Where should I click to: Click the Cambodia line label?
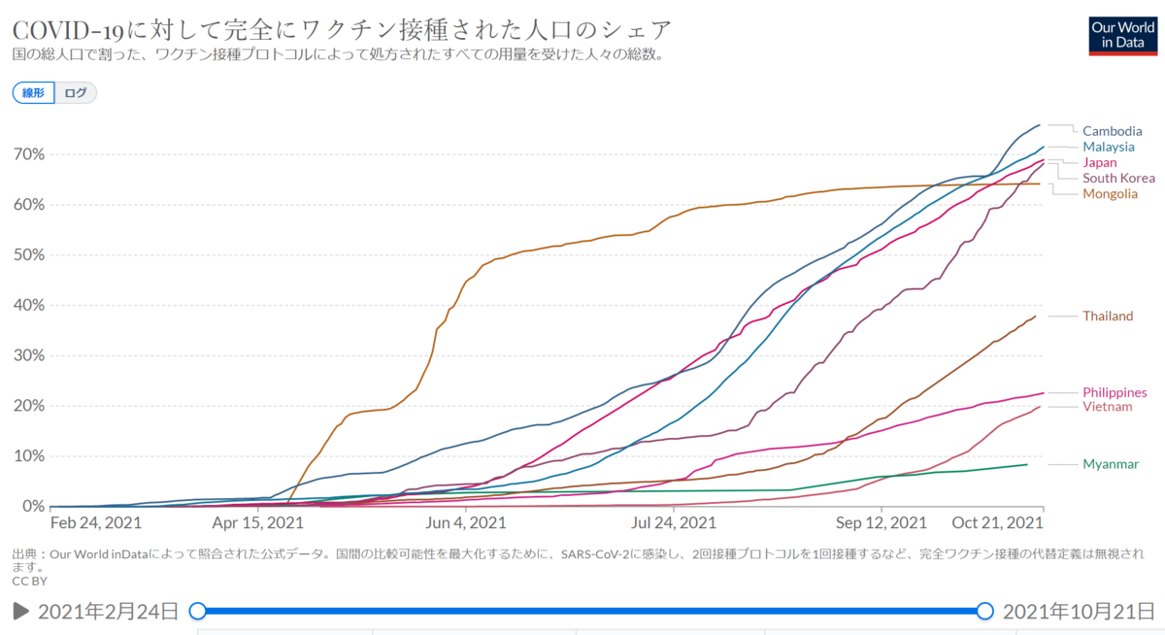[x=1112, y=131]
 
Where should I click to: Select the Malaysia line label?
[x=1109, y=147]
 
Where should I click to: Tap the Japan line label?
[x=1099, y=162]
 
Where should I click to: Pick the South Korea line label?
[x=1118, y=178]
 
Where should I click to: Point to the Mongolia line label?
[x=1110, y=193]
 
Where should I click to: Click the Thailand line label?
[x=1108, y=316]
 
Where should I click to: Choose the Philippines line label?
[x=1115, y=392]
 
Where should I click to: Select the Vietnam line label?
[x=1108, y=406]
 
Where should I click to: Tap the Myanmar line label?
[x=1111, y=464]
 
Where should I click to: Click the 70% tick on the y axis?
[x=29, y=154]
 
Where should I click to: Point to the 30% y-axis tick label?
[x=29, y=355]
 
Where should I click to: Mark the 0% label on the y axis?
[x=33, y=506]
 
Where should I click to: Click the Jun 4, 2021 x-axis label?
[x=465, y=522]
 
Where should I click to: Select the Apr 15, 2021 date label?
[x=257, y=522]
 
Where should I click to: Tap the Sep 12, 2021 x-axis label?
[x=882, y=522]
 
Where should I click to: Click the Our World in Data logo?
[x=1123, y=36]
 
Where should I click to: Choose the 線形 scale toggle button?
[x=33, y=92]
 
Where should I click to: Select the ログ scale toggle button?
[x=76, y=92]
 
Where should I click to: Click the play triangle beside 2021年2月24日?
[x=20, y=611]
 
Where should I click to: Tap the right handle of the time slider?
[x=984, y=611]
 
